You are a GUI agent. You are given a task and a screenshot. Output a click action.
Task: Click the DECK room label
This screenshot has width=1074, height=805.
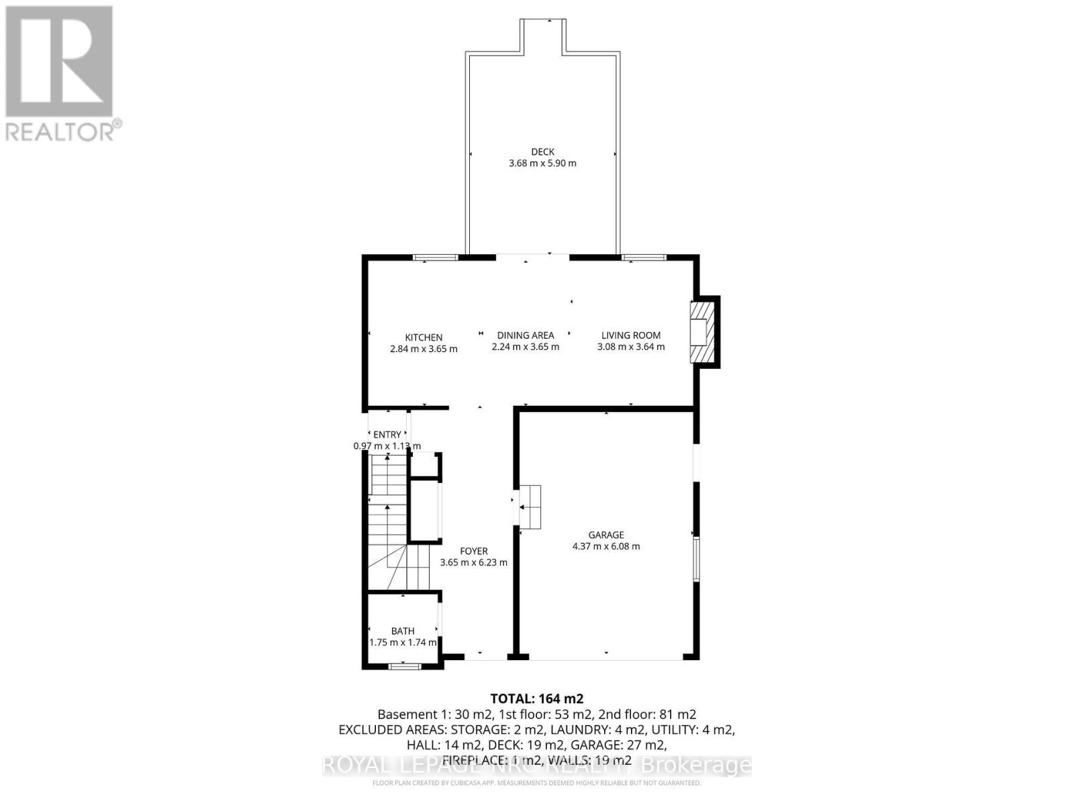pos(542,152)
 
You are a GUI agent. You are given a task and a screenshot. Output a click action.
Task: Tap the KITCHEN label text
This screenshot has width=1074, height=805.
pos(424,337)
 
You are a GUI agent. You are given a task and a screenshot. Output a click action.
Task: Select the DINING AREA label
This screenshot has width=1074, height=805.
pos(526,335)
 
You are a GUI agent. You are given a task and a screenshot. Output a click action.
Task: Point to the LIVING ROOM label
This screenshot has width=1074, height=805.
pos(631,335)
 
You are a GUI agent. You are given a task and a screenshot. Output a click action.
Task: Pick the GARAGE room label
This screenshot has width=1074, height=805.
pos(606,535)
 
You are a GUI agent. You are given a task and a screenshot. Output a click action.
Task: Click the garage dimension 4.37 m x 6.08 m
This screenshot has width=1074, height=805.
pos(606,547)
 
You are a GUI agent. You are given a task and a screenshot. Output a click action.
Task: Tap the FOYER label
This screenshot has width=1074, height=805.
pos(474,551)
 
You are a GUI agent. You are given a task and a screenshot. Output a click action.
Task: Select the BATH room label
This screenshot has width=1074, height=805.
pos(403,631)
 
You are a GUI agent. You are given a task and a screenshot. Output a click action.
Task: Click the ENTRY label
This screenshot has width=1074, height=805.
pos(387,435)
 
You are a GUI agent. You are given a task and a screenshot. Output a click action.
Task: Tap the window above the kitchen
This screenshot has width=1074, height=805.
pos(435,257)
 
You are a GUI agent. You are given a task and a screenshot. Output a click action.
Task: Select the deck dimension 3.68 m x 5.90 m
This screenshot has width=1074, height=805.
pos(542,163)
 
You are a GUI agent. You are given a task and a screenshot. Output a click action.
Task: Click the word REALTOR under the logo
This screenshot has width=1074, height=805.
pos(60,131)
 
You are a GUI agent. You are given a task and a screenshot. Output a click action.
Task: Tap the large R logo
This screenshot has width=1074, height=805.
pos(59,62)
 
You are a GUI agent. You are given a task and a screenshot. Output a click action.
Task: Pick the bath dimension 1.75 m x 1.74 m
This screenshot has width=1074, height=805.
pos(403,642)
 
